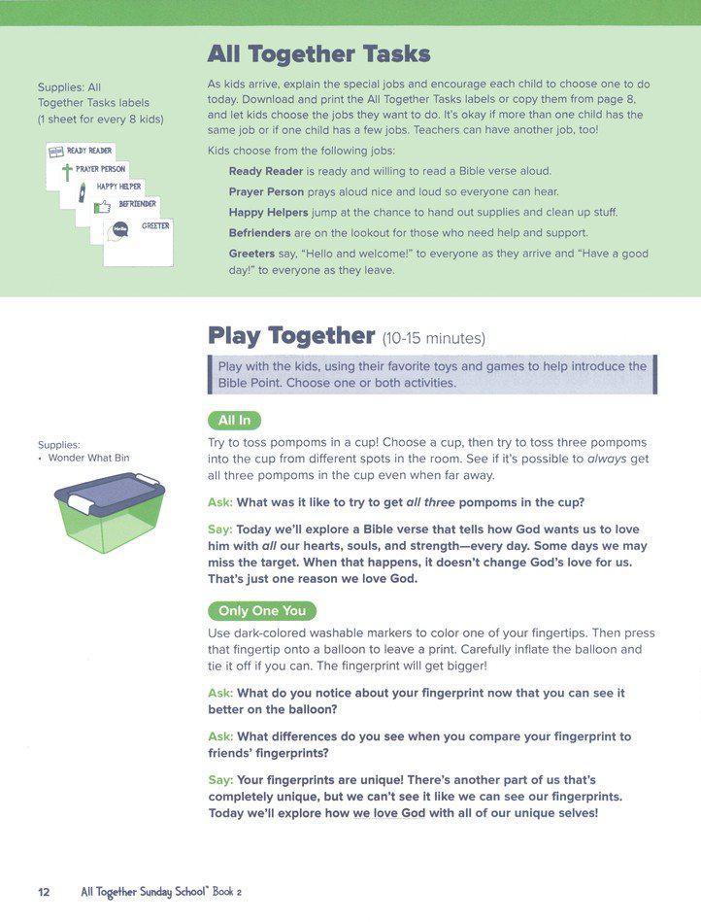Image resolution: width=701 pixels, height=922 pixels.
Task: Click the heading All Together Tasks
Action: click(318, 54)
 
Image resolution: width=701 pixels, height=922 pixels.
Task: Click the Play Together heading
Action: click(291, 336)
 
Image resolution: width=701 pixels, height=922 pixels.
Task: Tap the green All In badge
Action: click(234, 421)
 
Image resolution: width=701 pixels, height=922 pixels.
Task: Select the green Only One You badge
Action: click(262, 611)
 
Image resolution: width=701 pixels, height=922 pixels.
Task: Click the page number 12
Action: click(44, 892)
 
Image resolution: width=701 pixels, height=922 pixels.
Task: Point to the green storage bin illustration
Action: click(109, 525)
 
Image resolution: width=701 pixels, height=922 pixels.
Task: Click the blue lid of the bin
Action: click(109, 492)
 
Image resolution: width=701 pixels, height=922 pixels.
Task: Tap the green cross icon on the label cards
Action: click(67, 173)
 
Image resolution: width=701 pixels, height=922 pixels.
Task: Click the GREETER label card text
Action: click(155, 225)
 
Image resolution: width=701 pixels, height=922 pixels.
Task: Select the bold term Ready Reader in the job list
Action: click(266, 171)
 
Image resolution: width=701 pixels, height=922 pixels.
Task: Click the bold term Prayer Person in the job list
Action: click(266, 191)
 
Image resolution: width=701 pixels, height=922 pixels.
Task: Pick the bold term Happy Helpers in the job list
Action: click(269, 212)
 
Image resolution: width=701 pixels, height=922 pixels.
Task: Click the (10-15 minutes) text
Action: click(433, 339)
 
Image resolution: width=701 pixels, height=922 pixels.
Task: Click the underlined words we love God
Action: click(388, 813)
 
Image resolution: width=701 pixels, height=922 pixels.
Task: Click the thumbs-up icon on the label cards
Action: click(101, 207)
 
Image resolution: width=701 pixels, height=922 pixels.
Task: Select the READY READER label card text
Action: click(89, 152)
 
